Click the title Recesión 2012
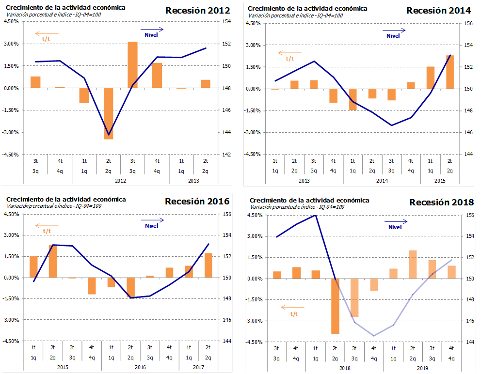[198, 11]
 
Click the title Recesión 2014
[439, 11]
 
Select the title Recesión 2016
[197, 201]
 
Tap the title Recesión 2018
[441, 202]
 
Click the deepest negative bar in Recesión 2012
[108, 113]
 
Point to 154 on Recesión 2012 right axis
[226, 22]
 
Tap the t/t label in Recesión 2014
[289, 59]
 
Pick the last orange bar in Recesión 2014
[449, 72]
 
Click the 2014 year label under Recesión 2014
[381, 180]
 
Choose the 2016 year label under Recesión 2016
[140, 368]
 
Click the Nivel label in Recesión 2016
[152, 225]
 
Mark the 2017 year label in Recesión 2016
[198, 368]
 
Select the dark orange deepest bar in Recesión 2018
[335, 306]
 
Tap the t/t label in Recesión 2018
[294, 313]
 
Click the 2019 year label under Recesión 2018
[422, 368]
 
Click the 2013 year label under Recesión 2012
[193, 181]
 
